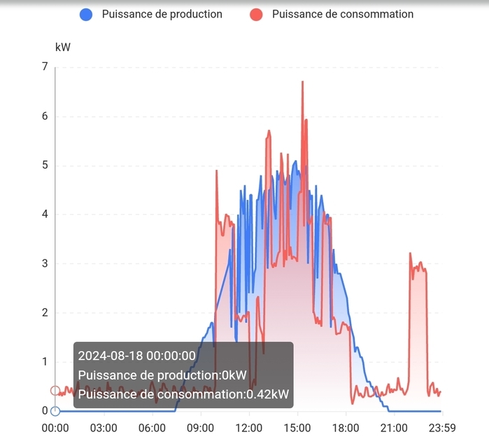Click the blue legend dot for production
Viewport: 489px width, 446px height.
pyautogui.click(x=86, y=14)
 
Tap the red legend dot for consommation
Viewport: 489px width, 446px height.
pyautogui.click(x=256, y=14)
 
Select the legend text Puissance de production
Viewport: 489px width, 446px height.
pyautogui.click(x=162, y=14)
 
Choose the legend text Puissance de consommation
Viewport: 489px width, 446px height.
pyautogui.click(x=343, y=14)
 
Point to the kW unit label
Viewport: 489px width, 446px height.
pyautogui.click(x=63, y=47)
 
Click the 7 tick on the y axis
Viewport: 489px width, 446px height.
pyautogui.click(x=45, y=67)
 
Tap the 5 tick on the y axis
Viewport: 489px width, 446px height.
pyautogui.click(x=45, y=166)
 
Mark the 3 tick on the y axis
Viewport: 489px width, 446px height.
pyautogui.click(x=45, y=264)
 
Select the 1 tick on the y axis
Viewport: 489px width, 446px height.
pyautogui.click(x=45, y=362)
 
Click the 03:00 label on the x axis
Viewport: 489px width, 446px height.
pyautogui.click(x=104, y=428)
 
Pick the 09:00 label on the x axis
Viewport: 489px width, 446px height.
pyautogui.click(x=200, y=428)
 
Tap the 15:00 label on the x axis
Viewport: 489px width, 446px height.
pyautogui.click(x=297, y=428)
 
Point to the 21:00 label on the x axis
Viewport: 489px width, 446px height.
pyautogui.click(x=393, y=428)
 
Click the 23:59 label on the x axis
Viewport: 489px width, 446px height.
pyautogui.click(x=441, y=428)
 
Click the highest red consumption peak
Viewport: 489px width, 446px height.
pyautogui.click(x=302, y=82)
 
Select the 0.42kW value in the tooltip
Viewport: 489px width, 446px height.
pyautogui.click(x=267, y=395)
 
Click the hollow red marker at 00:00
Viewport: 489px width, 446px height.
pyautogui.click(x=55, y=391)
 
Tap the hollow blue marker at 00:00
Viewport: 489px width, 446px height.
pyautogui.click(x=55, y=411)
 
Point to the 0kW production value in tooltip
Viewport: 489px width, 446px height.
pyautogui.click(x=234, y=375)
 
